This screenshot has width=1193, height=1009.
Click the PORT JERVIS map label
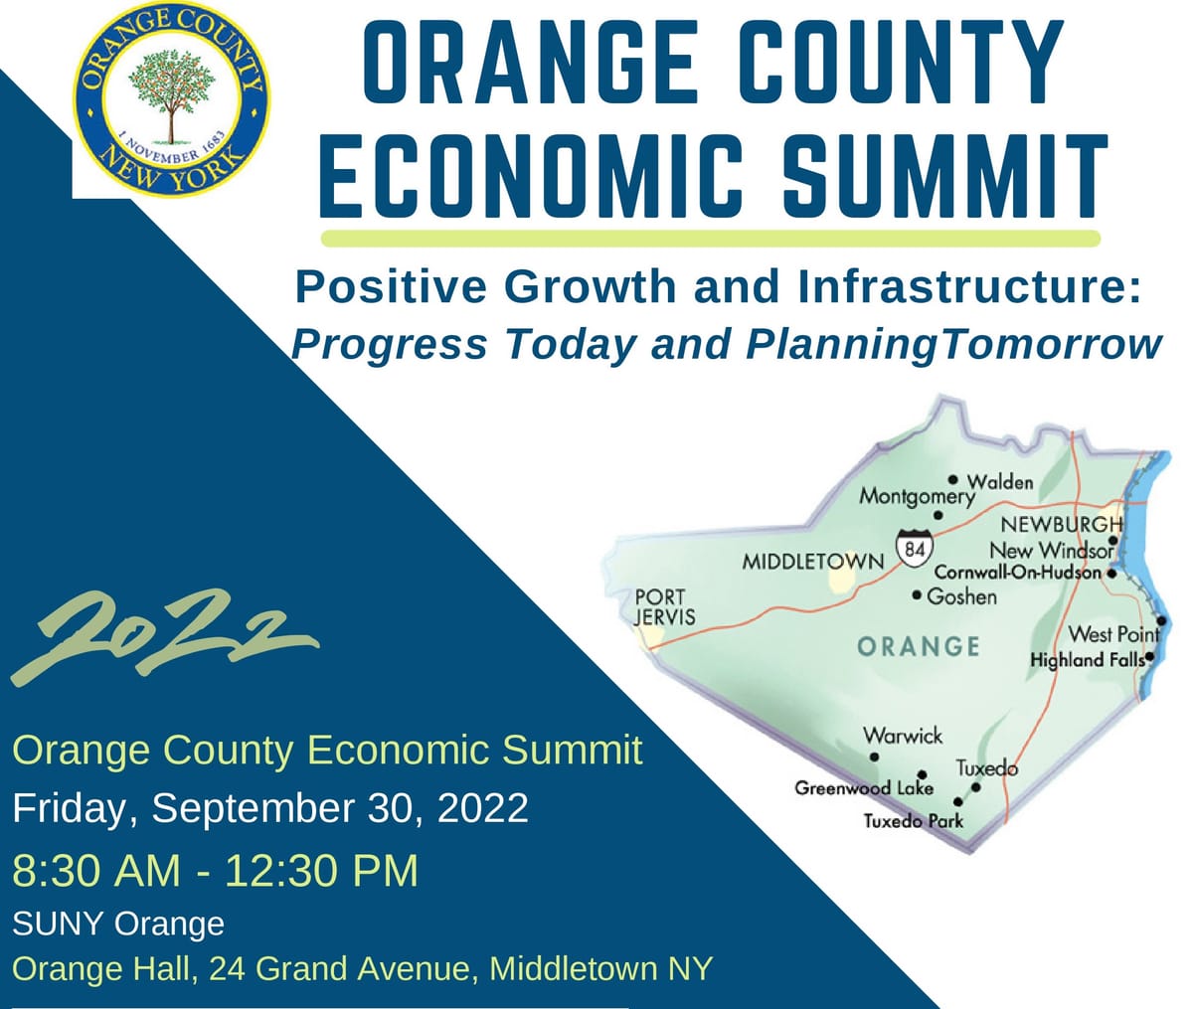[665, 606]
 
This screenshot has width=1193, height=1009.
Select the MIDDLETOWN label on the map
[812, 562]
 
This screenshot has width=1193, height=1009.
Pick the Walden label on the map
[1000, 482]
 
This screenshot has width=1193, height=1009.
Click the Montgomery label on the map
[916, 495]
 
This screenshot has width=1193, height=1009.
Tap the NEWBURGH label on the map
[1061, 524]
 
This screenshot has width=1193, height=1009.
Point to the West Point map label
[1112, 634]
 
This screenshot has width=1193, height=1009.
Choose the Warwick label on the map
[903, 736]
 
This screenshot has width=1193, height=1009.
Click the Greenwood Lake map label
[863, 788]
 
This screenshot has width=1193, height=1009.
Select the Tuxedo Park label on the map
[913, 821]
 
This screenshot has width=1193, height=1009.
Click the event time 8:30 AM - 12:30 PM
[215, 871]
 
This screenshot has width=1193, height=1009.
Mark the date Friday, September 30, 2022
[269, 808]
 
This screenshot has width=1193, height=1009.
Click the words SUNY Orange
[118, 924]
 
